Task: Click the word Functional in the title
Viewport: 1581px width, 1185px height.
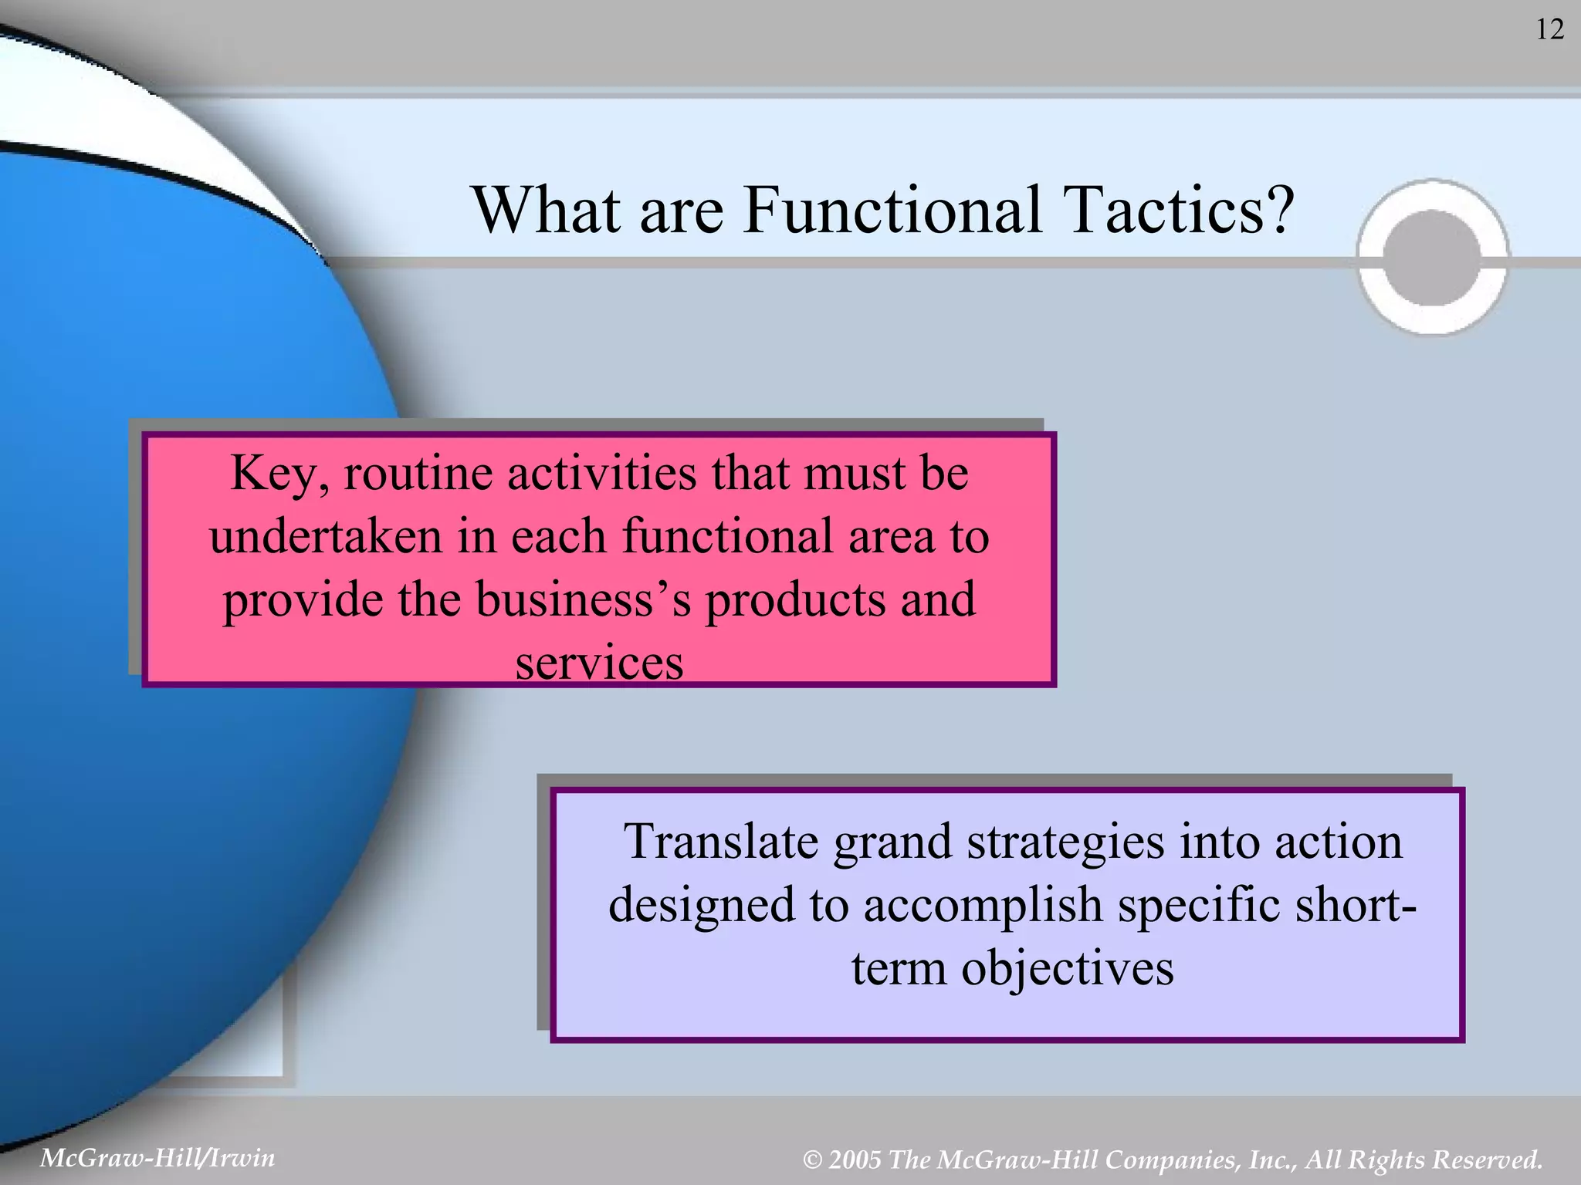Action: pos(891,211)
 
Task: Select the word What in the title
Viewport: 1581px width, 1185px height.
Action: pos(547,211)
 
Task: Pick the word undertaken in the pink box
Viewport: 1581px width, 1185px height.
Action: pos(325,536)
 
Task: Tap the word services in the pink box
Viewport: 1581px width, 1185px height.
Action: pos(599,663)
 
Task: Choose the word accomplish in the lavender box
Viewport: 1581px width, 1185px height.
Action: pos(983,906)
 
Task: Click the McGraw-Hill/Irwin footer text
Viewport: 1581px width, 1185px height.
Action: pos(157,1157)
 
